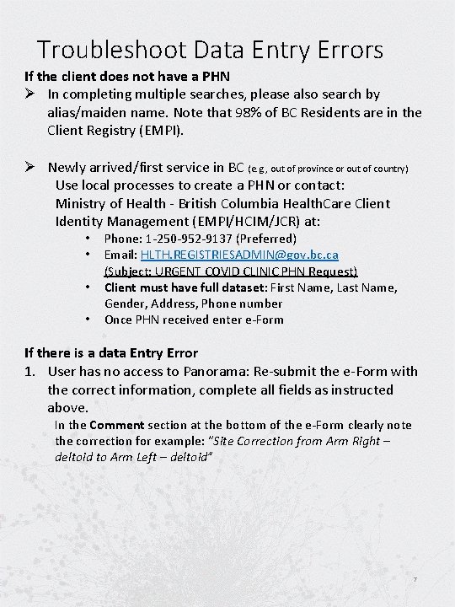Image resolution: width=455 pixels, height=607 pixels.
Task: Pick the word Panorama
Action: click(x=216, y=372)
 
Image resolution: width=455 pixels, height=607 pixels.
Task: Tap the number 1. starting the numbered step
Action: click(x=31, y=372)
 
